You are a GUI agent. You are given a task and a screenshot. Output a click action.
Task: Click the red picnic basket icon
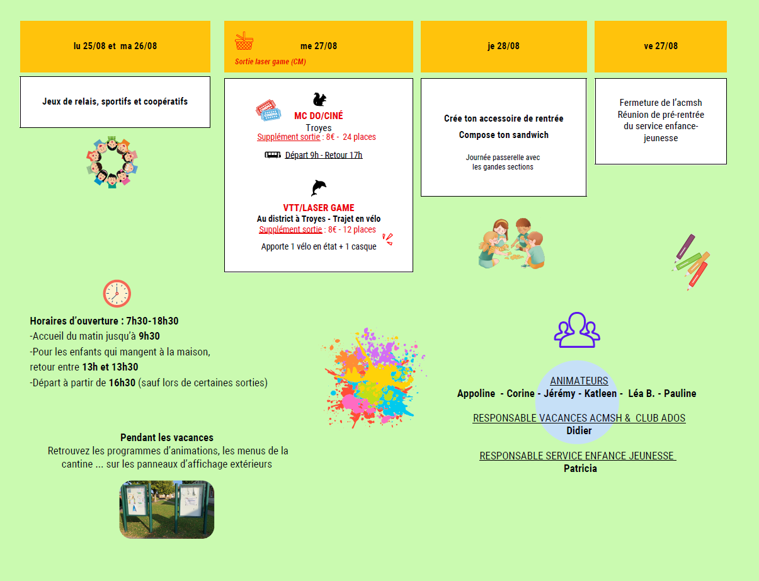pos(244,41)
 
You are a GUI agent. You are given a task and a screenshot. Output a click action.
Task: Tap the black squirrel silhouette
pos(319,100)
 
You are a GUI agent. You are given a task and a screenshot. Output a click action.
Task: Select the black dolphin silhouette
pos(319,188)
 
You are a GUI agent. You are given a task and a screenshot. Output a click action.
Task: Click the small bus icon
pos(273,155)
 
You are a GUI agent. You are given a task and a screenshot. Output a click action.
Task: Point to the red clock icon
pos(117,294)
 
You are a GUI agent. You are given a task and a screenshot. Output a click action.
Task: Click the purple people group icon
pos(577,330)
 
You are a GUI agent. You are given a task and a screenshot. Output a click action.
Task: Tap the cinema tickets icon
pos(268,110)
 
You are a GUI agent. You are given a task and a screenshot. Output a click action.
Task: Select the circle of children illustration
pos(112,162)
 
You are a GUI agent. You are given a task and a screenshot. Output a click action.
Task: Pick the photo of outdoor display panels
pos(167,509)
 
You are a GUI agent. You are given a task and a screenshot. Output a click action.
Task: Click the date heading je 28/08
pos(503,46)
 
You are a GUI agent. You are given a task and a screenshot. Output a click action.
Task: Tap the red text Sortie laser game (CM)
pos(270,62)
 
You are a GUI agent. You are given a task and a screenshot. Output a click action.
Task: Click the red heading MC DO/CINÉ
pos(319,115)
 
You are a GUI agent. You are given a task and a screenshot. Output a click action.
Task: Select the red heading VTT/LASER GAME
pos(319,208)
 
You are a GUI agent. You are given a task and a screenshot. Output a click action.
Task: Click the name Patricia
pos(580,468)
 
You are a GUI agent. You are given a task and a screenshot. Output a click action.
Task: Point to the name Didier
pos(579,430)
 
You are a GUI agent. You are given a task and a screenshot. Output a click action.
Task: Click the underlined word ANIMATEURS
pos(579,381)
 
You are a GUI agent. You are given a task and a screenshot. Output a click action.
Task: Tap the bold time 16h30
pos(122,383)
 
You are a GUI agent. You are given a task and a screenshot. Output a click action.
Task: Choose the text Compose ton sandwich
pos(503,135)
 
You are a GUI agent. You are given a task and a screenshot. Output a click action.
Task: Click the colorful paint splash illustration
pos(374,378)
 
